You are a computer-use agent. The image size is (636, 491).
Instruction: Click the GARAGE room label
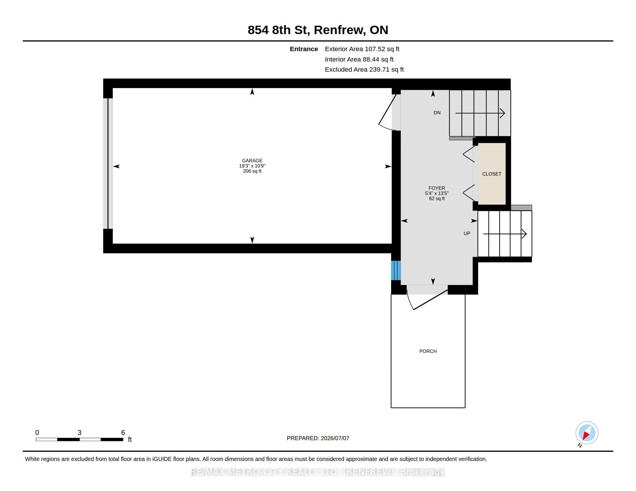click(252, 161)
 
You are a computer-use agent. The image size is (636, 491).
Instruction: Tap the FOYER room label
click(437, 188)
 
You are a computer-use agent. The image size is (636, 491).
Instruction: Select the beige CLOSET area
click(492, 174)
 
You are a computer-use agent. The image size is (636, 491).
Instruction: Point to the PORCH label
click(428, 351)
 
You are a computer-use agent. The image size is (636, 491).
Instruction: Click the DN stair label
click(437, 113)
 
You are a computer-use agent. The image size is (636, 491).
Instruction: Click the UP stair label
click(467, 233)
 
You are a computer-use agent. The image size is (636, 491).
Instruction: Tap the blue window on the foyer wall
click(396, 270)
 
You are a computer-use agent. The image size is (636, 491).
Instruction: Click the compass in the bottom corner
click(587, 433)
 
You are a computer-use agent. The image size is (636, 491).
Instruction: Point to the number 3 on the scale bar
click(79, 433)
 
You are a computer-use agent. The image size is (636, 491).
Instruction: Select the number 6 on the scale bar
click(123, 433)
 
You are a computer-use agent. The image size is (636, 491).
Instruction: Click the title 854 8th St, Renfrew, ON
click(318, 30)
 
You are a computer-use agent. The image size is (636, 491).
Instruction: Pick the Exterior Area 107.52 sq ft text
click(362, 49)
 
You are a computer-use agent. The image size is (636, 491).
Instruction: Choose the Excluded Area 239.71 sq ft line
click(364, 70)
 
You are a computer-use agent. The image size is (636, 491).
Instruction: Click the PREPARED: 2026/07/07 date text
click(318, 438)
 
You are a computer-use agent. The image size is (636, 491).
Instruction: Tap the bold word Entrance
click(304, 49)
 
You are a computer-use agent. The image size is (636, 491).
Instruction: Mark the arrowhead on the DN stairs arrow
click(503, 113)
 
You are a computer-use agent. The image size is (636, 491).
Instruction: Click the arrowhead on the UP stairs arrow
click(524, 234)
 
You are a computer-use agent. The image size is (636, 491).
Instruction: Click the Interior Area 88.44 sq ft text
click(359, 59)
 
